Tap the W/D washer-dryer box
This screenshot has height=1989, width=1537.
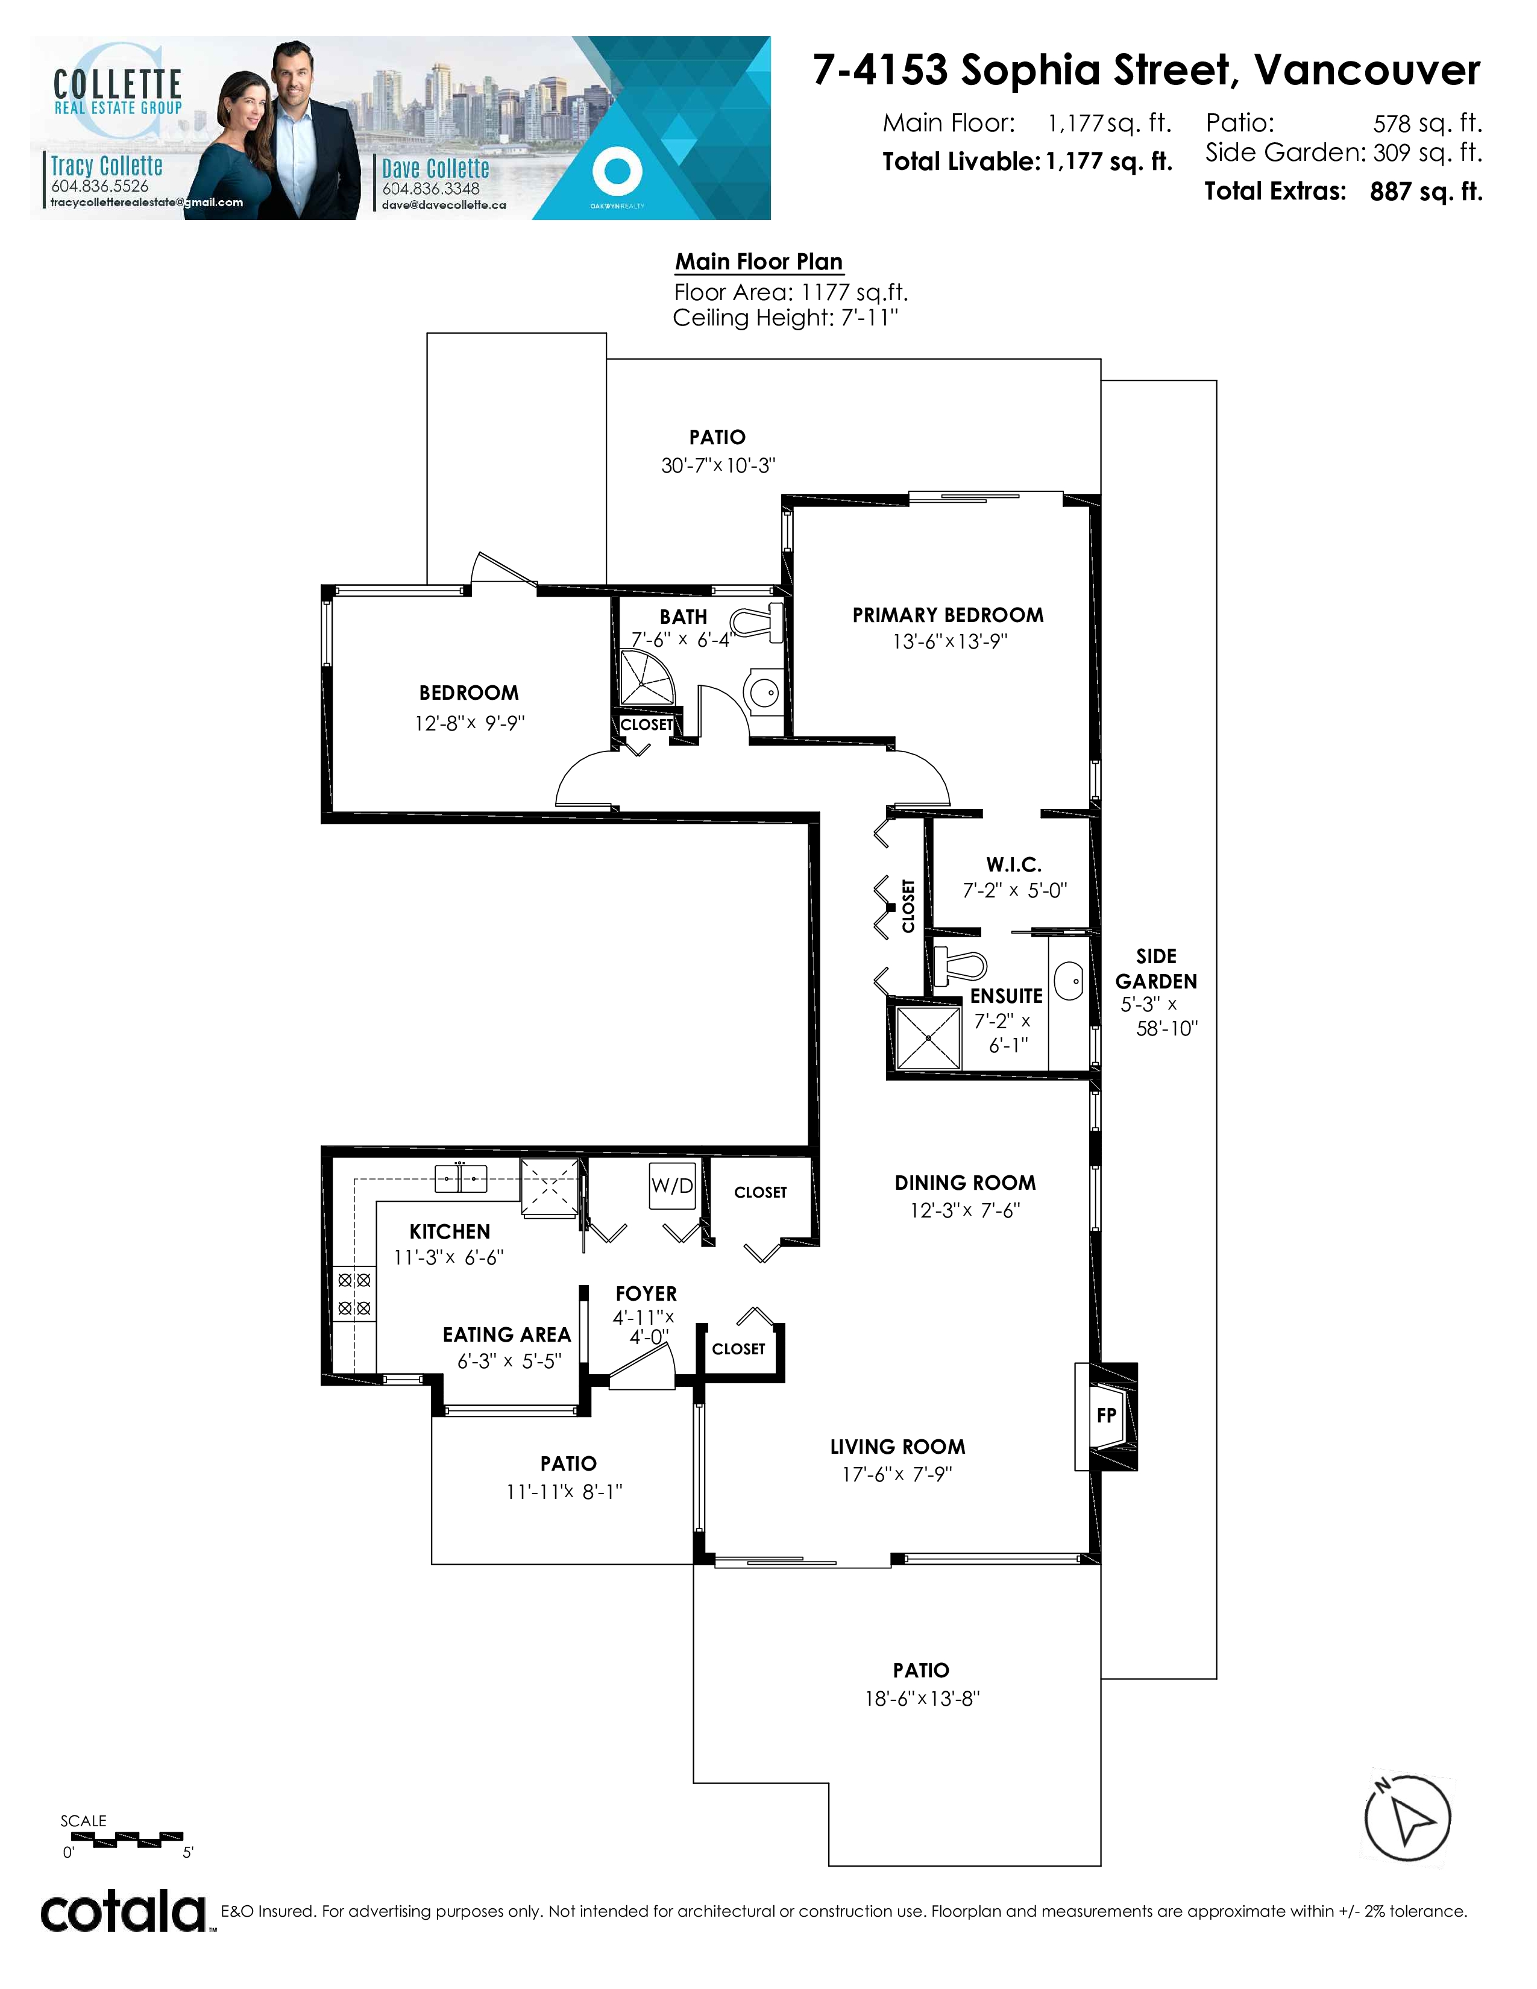[x=672, y=1185]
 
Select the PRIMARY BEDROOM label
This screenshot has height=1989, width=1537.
[x=948, y=615]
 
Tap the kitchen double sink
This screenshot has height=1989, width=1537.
[x=460, y=1178]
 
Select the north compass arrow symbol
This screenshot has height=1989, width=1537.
[x=1407, y=1818]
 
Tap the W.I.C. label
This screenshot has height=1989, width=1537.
[x=1013, y=864]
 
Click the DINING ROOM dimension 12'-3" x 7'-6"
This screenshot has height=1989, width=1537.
[x=965, y=1210]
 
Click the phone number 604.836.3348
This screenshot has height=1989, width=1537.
[x=431, y=189]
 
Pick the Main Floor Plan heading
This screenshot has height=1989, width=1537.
[x=758, y=262]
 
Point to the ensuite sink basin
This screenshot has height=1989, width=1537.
[x=1069, y=981]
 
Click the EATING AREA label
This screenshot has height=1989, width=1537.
[x=506, y=1334]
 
